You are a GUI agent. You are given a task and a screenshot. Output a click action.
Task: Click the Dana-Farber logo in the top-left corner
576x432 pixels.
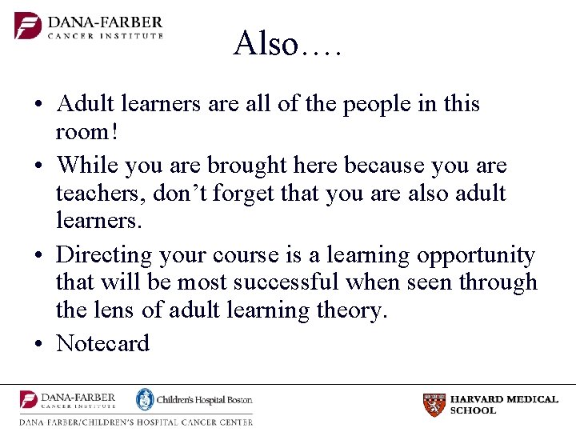coord(89,26)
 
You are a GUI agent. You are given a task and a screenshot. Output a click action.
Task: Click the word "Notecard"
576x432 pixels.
coord(102,343)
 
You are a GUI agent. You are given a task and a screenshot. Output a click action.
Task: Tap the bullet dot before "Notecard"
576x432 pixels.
coord(38,344)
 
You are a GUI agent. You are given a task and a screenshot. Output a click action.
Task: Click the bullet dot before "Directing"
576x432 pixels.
coord(38,256)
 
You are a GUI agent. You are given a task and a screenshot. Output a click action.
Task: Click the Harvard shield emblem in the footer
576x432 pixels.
coord(434,405)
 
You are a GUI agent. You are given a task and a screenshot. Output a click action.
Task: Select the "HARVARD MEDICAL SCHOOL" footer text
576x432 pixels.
coord(503,405)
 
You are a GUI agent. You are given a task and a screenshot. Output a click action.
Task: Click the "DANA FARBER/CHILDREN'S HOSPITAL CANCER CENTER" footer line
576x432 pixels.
coord(136,422)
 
